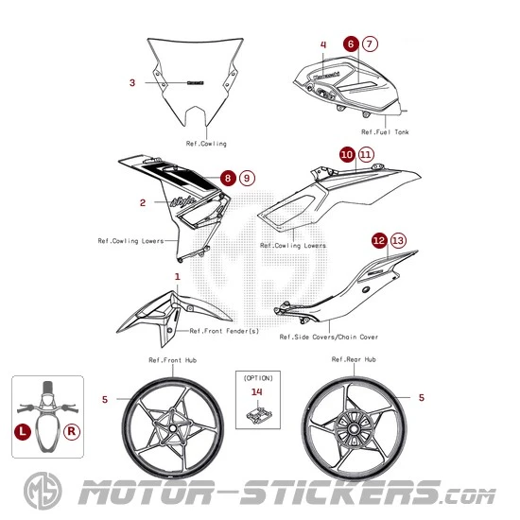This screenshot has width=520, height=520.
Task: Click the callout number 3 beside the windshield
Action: click(132, 82)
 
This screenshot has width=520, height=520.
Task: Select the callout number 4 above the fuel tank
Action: click(322, 44)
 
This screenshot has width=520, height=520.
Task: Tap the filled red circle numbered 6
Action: click(351, 43)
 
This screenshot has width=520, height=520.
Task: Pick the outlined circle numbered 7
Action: click(369, 43)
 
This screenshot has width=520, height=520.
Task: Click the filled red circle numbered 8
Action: click(227, 177)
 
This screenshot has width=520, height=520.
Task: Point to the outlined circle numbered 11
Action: click(366, 152)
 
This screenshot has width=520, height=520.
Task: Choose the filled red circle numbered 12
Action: click(378, 241)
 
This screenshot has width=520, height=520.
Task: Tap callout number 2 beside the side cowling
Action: click(142, 201)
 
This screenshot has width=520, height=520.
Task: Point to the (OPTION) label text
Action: click(257, 375)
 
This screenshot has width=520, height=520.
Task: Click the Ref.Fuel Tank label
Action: click(390, 132)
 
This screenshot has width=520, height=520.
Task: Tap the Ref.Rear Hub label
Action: click(354, 360)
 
